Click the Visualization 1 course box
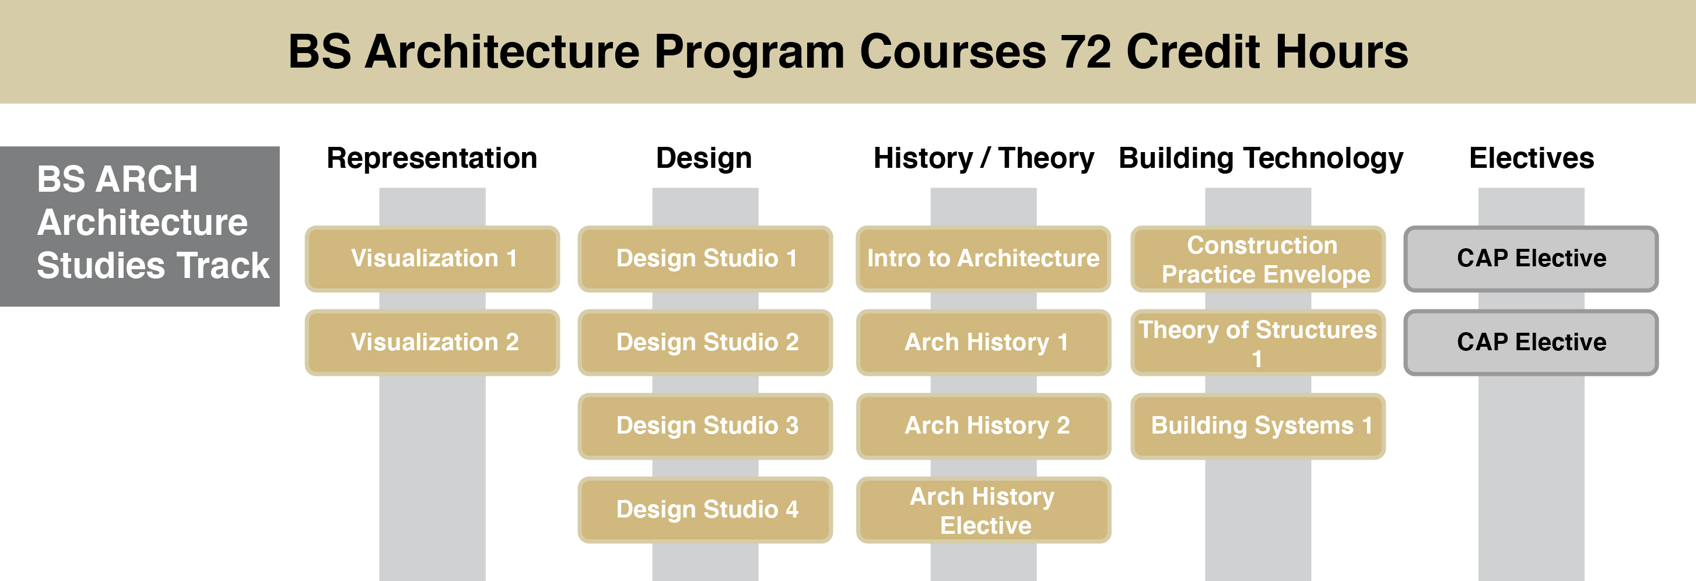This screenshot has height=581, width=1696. pyautogui.click(x=432, y=259)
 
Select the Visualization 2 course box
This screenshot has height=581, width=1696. pyautogui.click(x=432, y=342)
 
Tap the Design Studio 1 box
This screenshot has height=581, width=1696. pyautogui.click(x=705, y=259)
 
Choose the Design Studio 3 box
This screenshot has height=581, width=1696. pyautogui.click(x=705, y=426)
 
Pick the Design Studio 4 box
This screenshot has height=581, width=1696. pyautogui.click(x=705, y=509)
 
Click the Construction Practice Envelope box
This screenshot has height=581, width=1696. pyautogui.click(x=1257, y=259)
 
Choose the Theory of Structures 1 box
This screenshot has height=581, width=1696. pyautogui.click(x=1257, y=342)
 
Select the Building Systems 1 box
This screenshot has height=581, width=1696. pyautogui.click(x=1257, y=426)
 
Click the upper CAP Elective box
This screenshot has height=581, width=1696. pyautogui.click(x=1531, y=259)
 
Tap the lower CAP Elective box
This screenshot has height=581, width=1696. pyautogui.click(x=1531, y=342)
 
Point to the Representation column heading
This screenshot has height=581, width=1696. pyautogui.click(x=432, y=159)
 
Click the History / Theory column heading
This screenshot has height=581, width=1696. pyautogui.click(x=984, y=159)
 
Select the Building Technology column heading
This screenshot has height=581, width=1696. pyautogui.click(x=1261, y=159)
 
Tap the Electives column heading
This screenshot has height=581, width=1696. pyautogui.click(x=1532, y=159)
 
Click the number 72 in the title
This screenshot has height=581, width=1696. pyautogui.click(x=1086, y=51)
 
